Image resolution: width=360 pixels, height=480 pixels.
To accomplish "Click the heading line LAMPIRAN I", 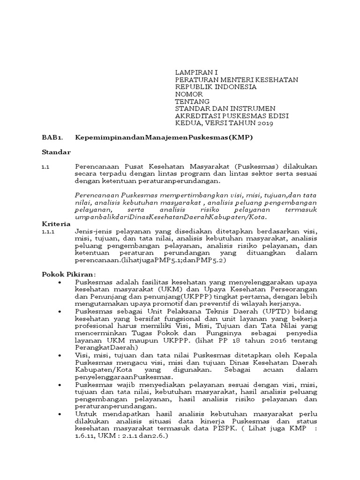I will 196,73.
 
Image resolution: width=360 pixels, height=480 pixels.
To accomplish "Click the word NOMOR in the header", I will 189,94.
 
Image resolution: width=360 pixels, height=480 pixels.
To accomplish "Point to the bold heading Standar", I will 56,152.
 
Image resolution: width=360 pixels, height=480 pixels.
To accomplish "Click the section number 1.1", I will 45,166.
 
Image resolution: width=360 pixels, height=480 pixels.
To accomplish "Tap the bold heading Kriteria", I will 56,225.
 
